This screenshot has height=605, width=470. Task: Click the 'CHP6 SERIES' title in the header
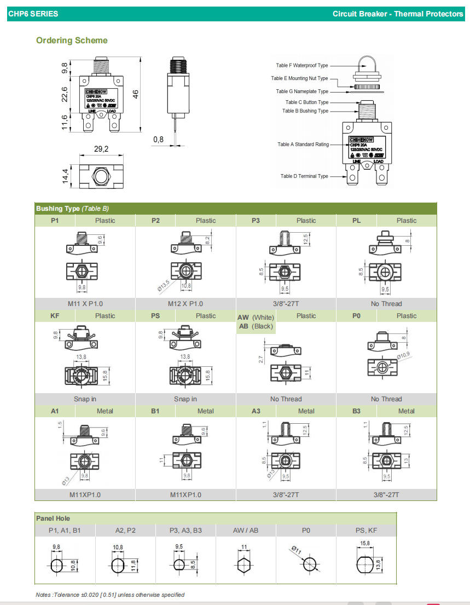click(33, 14)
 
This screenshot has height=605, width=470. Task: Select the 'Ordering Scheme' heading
click(72, 41)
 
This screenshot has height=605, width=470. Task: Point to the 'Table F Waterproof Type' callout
click(302, 66)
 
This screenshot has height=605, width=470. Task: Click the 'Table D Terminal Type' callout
click(304, 176)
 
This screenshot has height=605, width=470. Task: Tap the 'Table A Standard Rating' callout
click(303, 145)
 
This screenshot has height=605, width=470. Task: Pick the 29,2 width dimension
click(102, 149)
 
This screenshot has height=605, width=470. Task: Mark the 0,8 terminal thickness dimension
click(158, 140)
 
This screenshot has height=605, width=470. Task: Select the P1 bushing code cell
click(55, 221)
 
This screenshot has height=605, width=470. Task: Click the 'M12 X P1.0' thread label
click(185, 304)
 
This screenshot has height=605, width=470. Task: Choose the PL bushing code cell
click(356, 221)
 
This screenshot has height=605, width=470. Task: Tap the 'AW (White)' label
click(256, 318)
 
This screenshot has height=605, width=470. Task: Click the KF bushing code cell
click(55, 316)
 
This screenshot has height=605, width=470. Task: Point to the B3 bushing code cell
click(356, 411)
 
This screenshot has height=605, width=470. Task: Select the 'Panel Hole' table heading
click(53, 518)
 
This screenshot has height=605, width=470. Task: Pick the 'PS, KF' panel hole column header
click(365, 531)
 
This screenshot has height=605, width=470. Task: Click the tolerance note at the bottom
click(110, 595)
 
